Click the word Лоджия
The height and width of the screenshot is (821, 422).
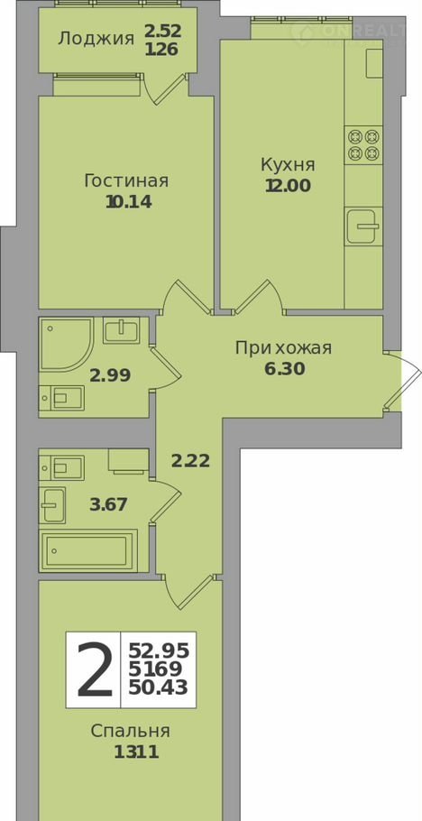click(x=96, y=38)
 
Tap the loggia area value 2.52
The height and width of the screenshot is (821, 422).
click(x=163, y=31)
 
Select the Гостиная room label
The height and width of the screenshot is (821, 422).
click(x=127, y=181)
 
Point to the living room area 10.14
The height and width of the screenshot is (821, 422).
click(x=129, y=202)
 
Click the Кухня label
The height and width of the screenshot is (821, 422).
click(x=288, y=165)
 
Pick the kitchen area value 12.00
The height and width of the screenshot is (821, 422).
click(x=288, y=186)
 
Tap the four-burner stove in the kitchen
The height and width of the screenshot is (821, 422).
click(x=364, y=145)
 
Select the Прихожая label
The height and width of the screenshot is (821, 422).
click(x=283, y=348)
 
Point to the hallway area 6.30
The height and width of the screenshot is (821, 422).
click(x=285, y=369)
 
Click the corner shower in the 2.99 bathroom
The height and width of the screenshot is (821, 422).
click(x=66, y=345)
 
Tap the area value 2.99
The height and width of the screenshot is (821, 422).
click(x=110, y=375)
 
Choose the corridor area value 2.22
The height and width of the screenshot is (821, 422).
click(x=190, y=461)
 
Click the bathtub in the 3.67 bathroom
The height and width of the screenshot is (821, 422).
click(x=88, y=550)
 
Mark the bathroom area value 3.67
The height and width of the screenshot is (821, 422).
click(x=108, y=505)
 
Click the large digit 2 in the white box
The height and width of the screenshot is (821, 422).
click(x=95, y=670)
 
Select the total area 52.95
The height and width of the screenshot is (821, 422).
click(x=159, y=651)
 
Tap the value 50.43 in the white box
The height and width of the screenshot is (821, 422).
click(x=159, y=687)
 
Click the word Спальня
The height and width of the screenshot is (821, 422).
click(x=131, y=731)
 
